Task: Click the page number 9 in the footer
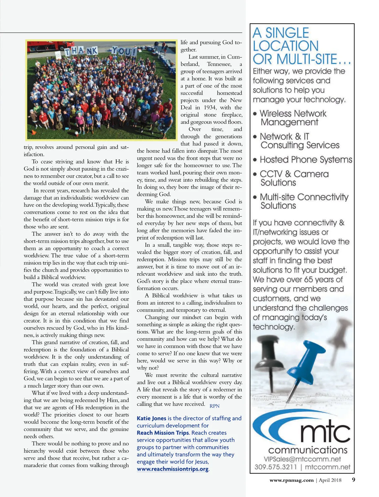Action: click(353, 480)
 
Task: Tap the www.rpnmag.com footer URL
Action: click(291, 480)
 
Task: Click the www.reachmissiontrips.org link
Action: click(172, 469)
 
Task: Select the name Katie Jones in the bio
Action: click(151, 418)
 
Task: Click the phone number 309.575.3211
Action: click(275, 467)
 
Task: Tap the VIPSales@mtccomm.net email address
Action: click(302, 459)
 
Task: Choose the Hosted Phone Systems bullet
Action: click(305, 160)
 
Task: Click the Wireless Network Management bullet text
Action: click(292, 118)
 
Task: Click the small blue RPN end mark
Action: click(214, 406)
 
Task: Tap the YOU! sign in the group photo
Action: click(124, 51)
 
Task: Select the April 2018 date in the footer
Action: click(330, 480)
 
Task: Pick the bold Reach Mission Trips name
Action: click(163, 433)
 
